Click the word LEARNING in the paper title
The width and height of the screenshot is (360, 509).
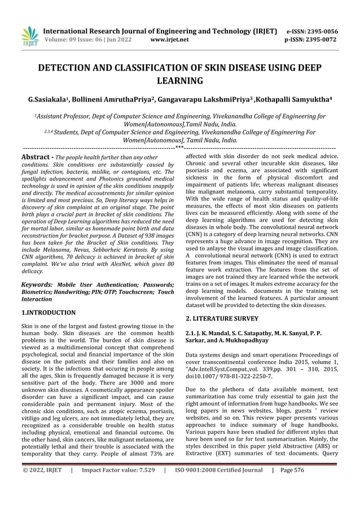pyautogui.click(x=179, y=82)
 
